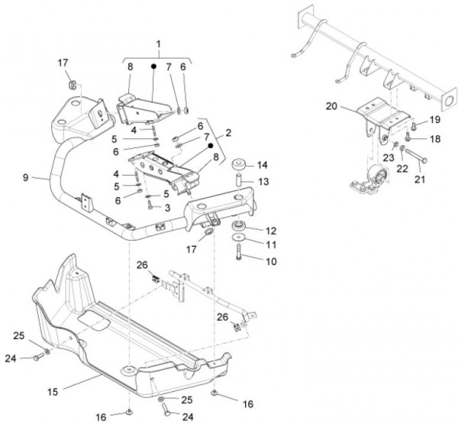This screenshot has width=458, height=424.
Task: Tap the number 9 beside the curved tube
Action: (x=26, y=177)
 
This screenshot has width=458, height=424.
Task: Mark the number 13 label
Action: (x=262, y=182)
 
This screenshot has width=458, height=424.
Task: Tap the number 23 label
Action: (x=386, y=157)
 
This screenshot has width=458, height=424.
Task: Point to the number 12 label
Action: (x=270, y=230)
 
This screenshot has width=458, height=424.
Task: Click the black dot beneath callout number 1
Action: (x=153, y=66)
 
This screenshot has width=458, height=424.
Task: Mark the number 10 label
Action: (x=270, y=261)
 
